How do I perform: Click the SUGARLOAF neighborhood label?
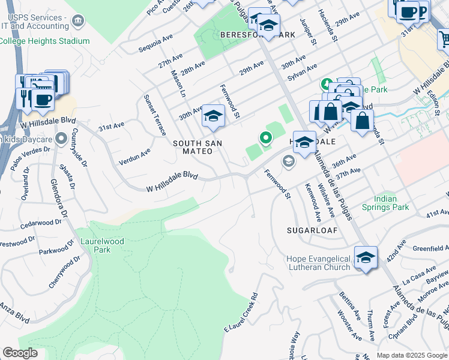312,230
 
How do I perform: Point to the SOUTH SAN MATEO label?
197,148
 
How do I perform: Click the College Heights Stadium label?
44,41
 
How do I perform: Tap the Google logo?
20,353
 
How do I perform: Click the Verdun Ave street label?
134,156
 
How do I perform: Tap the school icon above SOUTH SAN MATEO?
213,116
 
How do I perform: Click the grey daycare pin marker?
60,140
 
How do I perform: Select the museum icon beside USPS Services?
77,22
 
